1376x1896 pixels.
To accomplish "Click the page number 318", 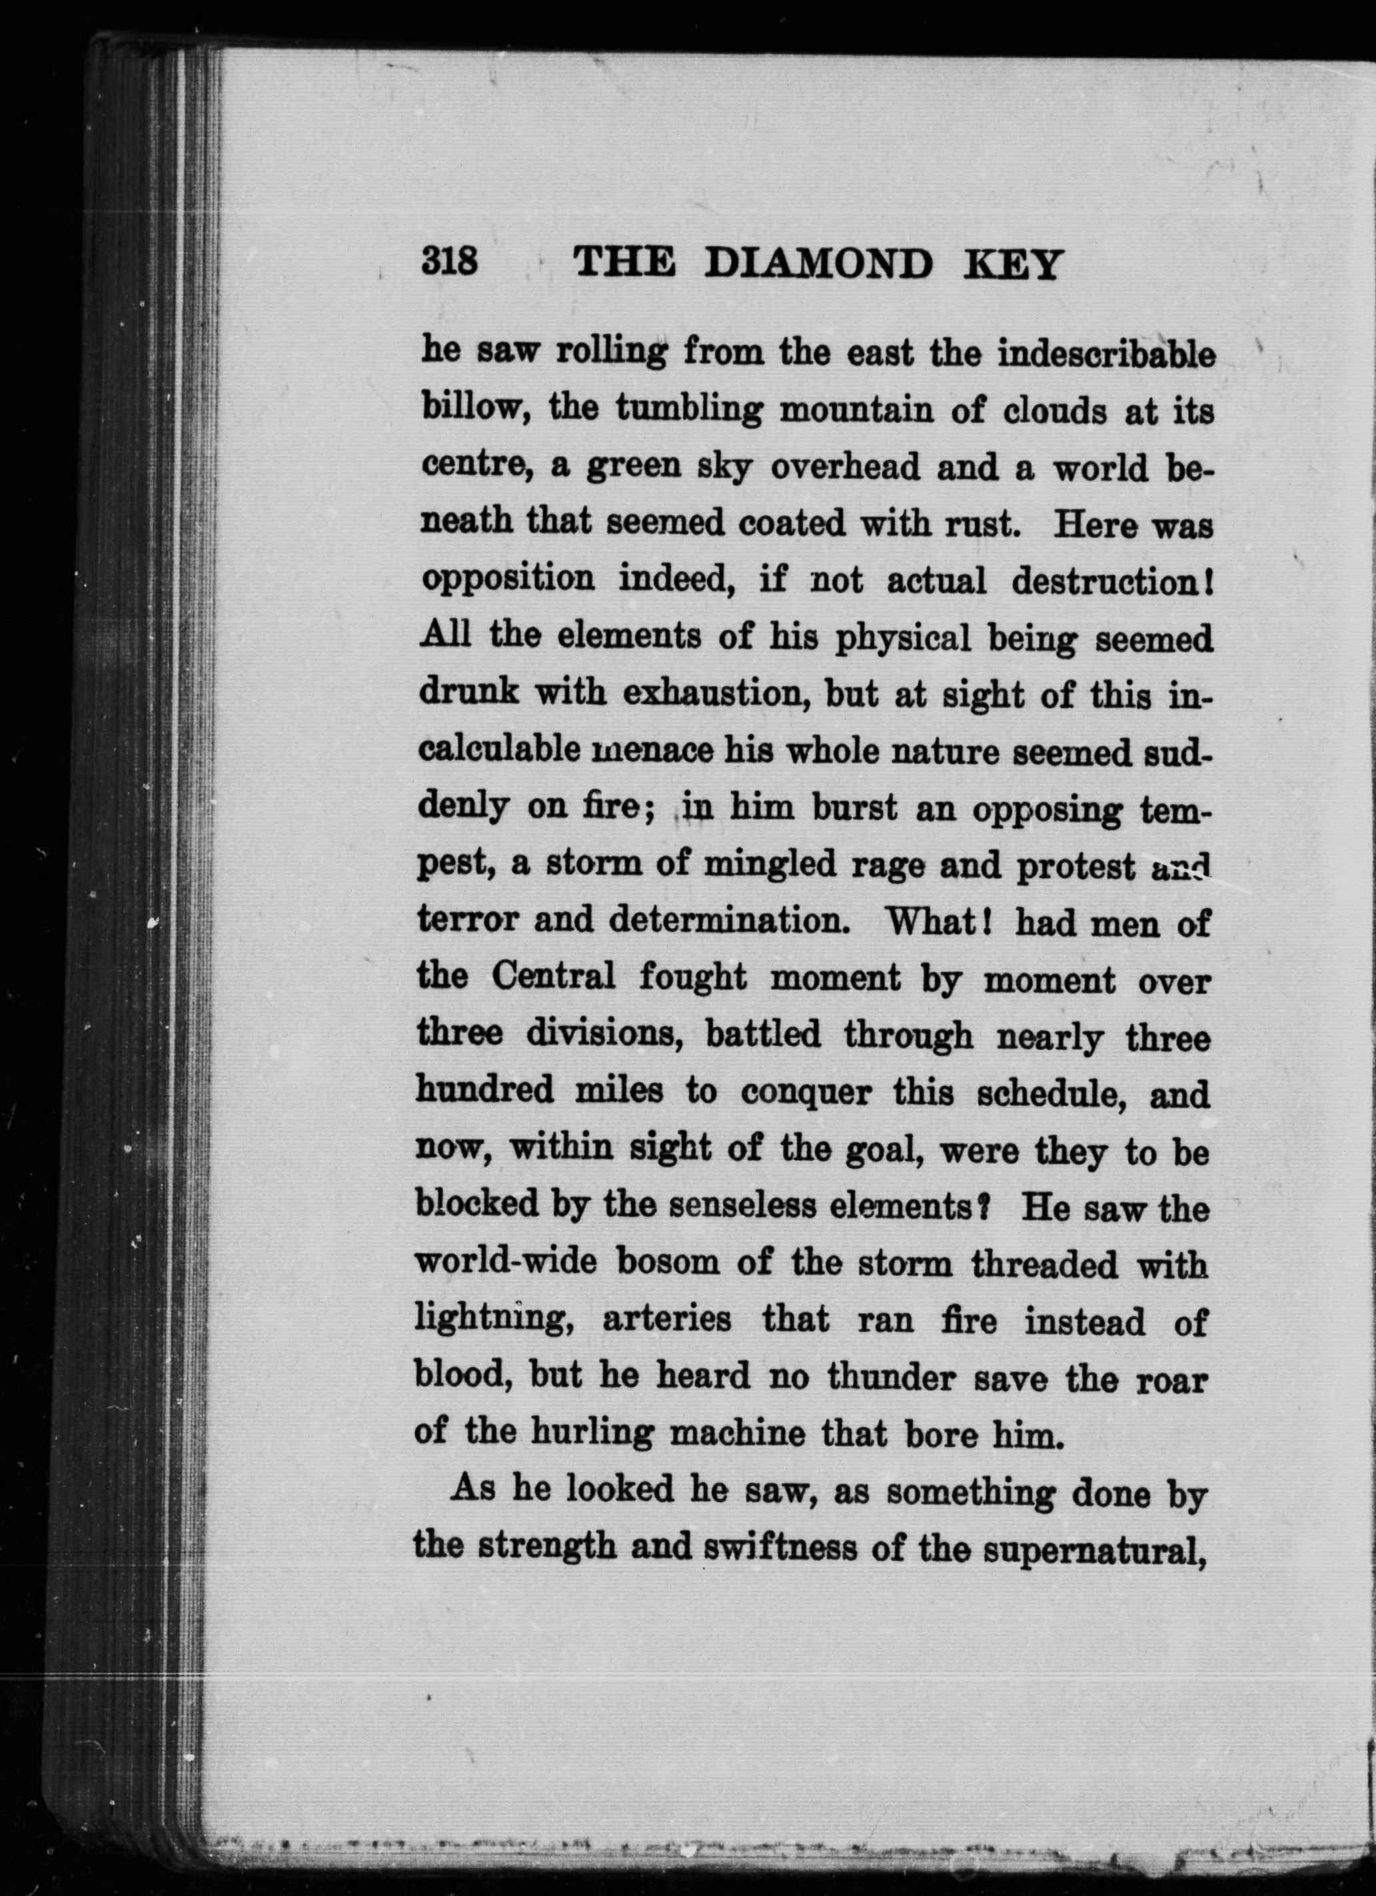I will pos(449,262).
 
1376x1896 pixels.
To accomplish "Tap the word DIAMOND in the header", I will pos(818,265).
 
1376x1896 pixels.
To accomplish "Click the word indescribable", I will pos(1106,354).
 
